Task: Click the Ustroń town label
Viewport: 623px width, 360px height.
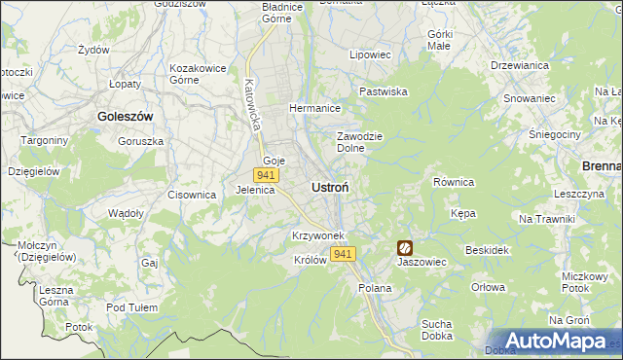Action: click(331, 186)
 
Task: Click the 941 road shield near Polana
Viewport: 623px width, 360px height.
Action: click(342, 254)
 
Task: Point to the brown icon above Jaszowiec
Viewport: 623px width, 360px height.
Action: click(404, 248)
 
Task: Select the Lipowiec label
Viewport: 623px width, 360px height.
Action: click(370, 55)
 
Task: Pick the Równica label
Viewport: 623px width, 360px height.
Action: click(453, 182)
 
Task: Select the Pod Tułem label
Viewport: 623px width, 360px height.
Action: click(132, 307)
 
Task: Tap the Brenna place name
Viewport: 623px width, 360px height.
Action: click(602, 166)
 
